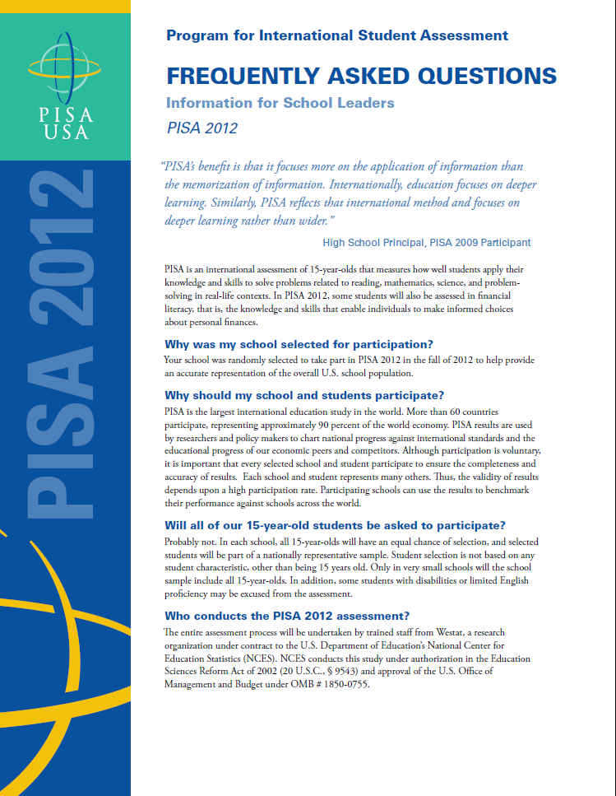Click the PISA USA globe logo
65,70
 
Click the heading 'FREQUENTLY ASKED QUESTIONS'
361,77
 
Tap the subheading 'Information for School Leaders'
280,103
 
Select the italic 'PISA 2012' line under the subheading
201,128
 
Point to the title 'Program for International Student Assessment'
337,35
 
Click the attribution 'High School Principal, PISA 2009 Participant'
427,242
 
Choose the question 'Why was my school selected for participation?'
299,344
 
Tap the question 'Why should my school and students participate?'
304,395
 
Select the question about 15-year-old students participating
335,525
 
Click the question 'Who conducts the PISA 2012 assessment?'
288,616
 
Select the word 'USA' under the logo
65,132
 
